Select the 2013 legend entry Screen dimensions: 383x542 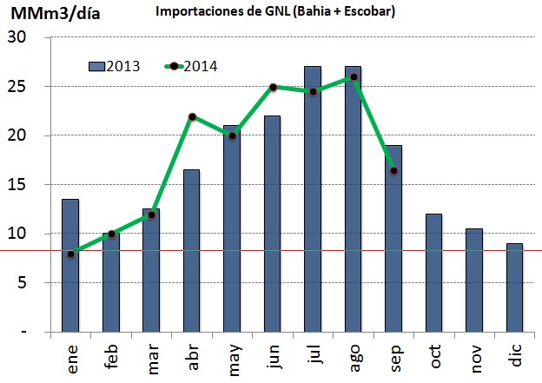coord(115,66)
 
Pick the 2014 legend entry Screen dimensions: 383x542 coord(192,66)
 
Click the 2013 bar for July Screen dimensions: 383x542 coord(314,199)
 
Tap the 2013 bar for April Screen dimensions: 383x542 coord(191,251)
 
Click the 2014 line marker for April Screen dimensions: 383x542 coord(191,116)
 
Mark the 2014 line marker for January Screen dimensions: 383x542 coord(70,254)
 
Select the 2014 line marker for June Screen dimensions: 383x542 coord(273,87)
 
